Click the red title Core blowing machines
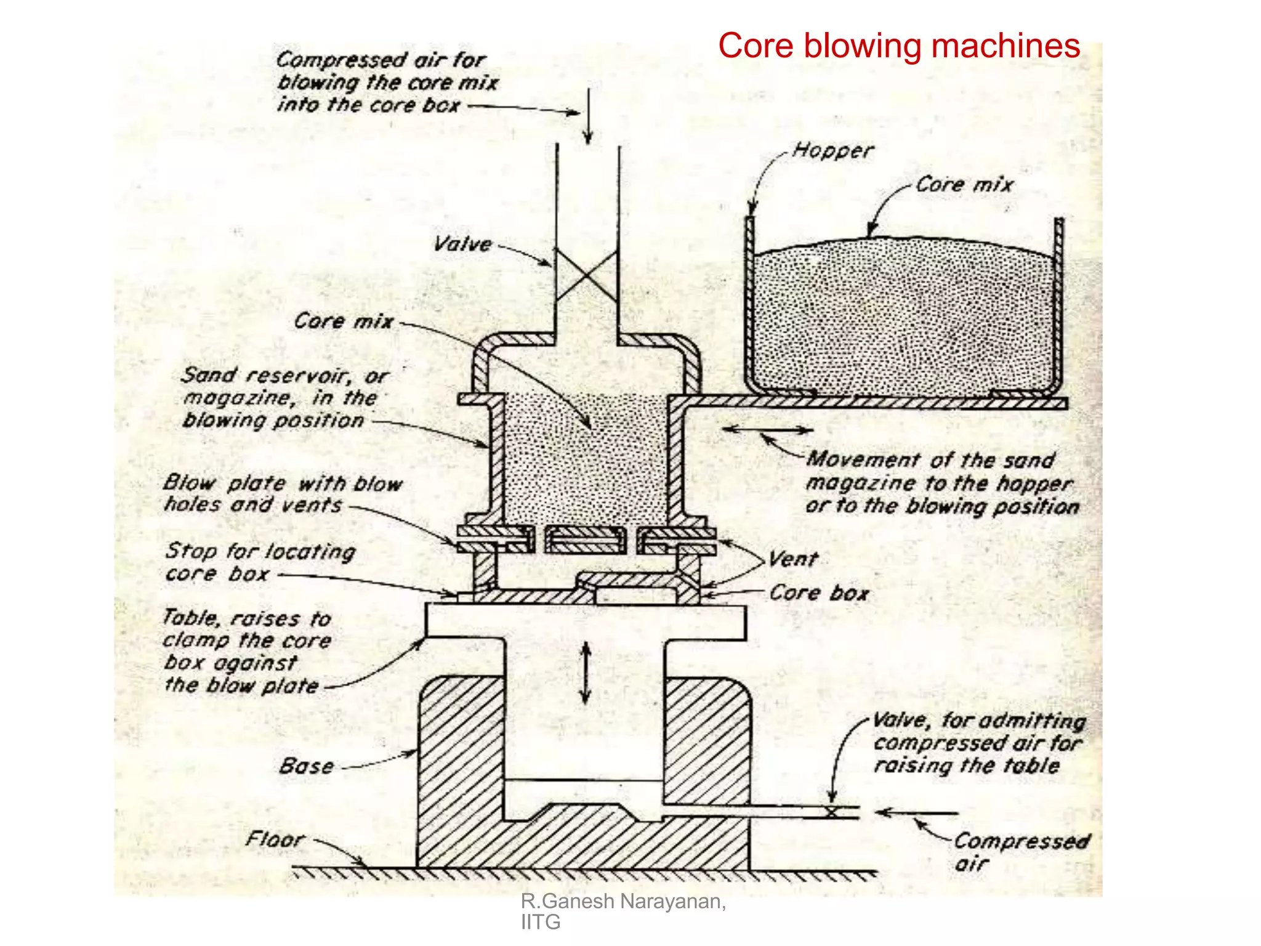pyautogui.click(x=898, y=46)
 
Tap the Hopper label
pyautogui.click(x=832, y=150)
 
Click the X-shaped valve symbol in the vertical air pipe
pyautogui.click(x=586, y=275)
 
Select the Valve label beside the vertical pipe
pyautogui.click(x=462, y=244)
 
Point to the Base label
pyautogui.click(x=307, y=766)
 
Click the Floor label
pyautogui.click(x=275, y=839)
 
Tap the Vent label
pyautogui.click(x=793, y=559)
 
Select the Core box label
pyautogui.click(x=818, y=593)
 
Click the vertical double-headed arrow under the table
pyautogui.click(x=586, y=673)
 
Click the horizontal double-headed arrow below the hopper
pyautogui.click(x=767, y=429)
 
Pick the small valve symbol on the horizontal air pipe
pyautogui.click(x=831, y=812)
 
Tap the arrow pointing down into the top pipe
pyautogui.click(x=588, y=117)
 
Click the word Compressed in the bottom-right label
pyautogui.click(x=1021, y=841)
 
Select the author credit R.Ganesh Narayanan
pyautogui.click(x=622, y=902)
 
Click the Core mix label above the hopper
pyautogui.click(x=964, y=185)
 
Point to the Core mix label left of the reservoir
pyautogui.click(x=343, y=321)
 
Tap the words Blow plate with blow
pyautogui.click(x=283, y=483)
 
